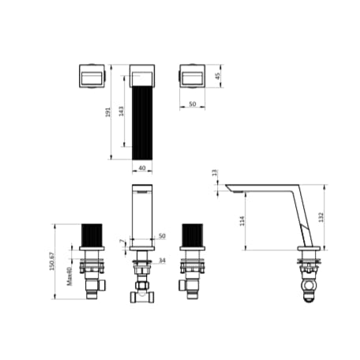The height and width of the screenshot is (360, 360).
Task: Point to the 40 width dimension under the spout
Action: click(142, 167)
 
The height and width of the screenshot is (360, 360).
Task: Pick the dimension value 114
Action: click(242, 221)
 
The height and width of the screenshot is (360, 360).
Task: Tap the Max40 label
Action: click(70, 276)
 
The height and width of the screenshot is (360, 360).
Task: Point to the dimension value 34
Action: click(163, 260)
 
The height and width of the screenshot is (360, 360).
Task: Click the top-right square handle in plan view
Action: click(193, 77)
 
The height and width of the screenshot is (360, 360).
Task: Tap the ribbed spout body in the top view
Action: click(142, 118)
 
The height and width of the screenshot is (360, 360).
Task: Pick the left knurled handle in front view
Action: click(92, 235)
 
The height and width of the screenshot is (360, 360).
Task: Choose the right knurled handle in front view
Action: click(193, 235)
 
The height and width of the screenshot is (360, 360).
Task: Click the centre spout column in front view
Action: click(142, 213)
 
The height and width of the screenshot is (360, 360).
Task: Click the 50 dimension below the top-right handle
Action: click(192, 103)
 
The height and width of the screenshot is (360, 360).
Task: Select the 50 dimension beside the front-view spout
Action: click(163, 236)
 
